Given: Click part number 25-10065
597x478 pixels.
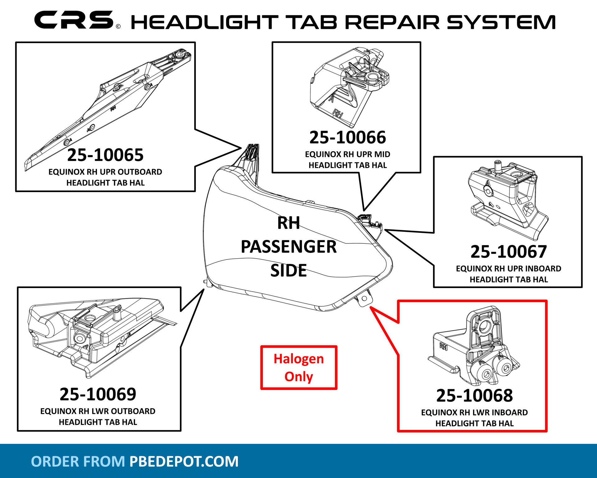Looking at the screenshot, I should click(x=105, y=155).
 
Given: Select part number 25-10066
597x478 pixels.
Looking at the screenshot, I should click(x=347, y=138).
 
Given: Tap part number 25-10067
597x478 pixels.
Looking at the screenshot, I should click(x=508, y=252).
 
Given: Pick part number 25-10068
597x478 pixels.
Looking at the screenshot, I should click(x=474, y=395).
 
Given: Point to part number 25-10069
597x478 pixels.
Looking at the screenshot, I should click(x=98, y=394).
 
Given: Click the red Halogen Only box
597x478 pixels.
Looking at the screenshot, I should click(x=299, y=368).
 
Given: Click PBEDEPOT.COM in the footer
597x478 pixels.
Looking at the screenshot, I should click(x=184, y=461).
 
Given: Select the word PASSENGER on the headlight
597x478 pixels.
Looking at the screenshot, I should click(x=289, y=247).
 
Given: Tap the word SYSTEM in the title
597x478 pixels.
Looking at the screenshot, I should click(x=501, y=22).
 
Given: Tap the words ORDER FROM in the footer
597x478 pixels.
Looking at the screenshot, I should click(x=78, y=461).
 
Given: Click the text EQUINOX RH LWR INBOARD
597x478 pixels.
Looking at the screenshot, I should click(x=474, y=413).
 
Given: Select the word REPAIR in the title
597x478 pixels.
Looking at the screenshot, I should click(x=392, y=22).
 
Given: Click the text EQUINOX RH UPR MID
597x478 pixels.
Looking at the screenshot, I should click(x=347, y=154).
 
